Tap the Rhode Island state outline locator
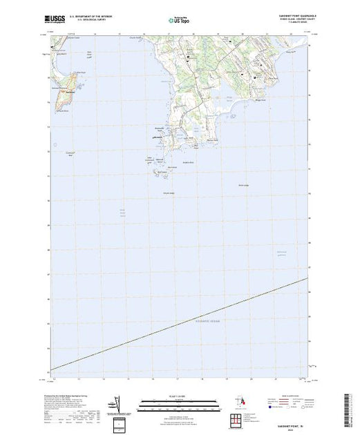(x=241, y=402)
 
